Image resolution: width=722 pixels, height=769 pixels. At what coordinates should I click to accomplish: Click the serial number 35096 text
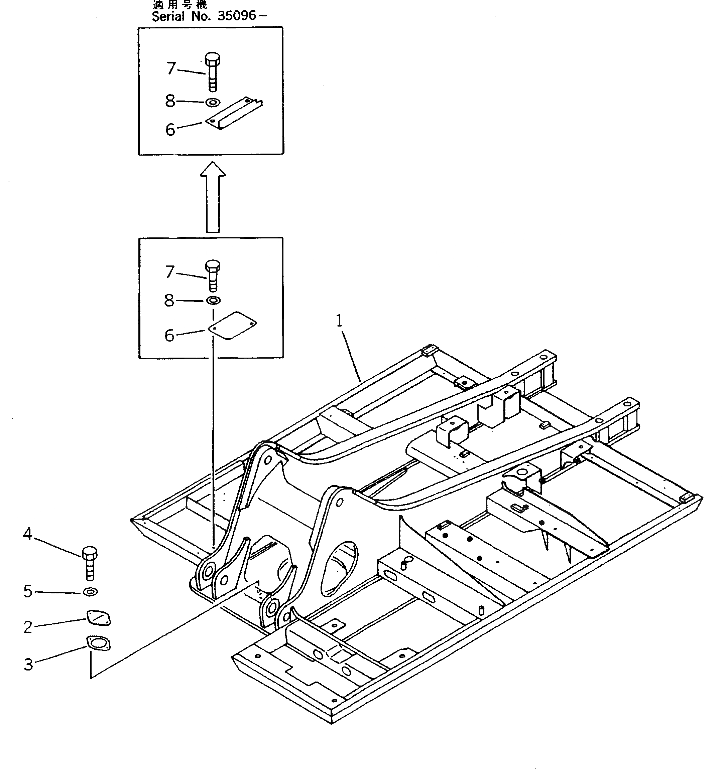[x=237, y=16]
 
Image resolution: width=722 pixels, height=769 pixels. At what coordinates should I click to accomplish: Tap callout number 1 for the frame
[x=340, y=321]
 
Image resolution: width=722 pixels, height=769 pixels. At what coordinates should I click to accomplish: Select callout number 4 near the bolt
[x=27, y=534]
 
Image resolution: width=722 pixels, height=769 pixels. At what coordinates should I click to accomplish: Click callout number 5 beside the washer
[x=27, y=591]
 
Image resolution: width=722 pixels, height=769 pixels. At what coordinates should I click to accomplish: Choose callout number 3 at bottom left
[x=28, y=664]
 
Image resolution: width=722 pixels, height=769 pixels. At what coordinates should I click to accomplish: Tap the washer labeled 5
[x=91, y=591]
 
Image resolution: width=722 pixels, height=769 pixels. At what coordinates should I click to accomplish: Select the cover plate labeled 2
[x=99, y=618]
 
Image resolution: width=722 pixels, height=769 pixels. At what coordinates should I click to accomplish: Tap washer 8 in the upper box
[x=213, y=103]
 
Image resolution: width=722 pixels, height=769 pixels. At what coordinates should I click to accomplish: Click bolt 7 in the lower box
[x=213, y=275]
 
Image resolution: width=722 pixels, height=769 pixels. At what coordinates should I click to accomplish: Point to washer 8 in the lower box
[x=213, y=300]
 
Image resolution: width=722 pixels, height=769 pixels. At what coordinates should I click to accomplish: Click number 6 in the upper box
[x=170, y=130]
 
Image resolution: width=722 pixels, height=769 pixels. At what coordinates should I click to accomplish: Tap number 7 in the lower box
[x=169, y=272]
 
